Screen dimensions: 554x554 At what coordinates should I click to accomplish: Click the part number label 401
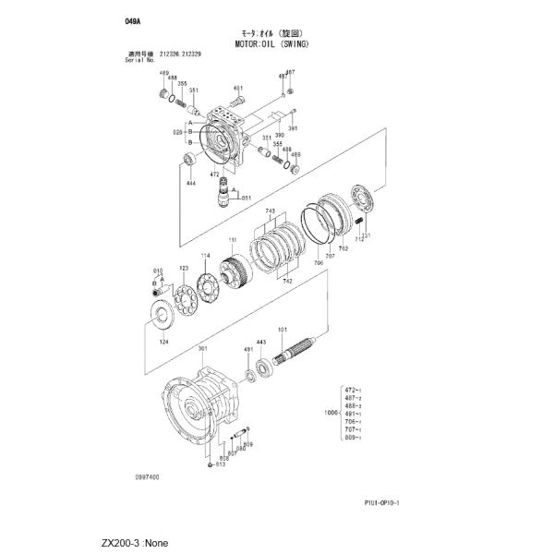coord(238,89)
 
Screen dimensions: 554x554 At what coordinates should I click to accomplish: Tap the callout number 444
coord(191,184)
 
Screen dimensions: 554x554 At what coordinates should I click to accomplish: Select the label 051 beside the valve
coord(247,198)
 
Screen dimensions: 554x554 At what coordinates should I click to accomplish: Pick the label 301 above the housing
coord(203,349)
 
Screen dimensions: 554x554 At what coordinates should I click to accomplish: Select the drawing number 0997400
coord(147,477)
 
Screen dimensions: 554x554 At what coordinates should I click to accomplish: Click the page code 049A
coord(137,19)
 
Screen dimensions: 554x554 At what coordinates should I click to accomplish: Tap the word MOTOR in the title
coord(250,43)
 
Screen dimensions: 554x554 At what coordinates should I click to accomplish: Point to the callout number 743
coord(271,211)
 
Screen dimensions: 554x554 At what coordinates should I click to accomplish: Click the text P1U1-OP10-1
coord(388,502)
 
